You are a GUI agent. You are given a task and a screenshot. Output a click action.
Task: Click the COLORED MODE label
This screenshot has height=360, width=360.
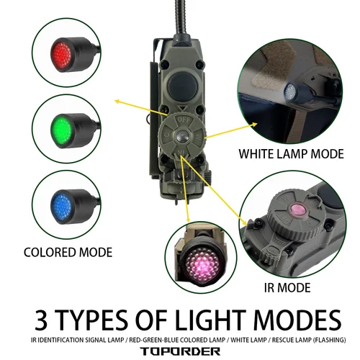point(68,252)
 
